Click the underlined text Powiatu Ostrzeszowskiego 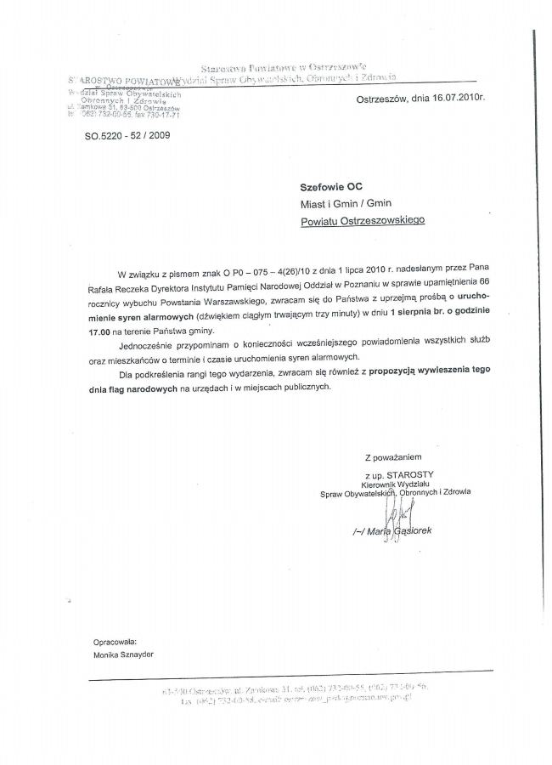(x=363, y=220)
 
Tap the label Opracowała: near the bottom (x=115, y=641)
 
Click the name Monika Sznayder (x=125, y=655)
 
